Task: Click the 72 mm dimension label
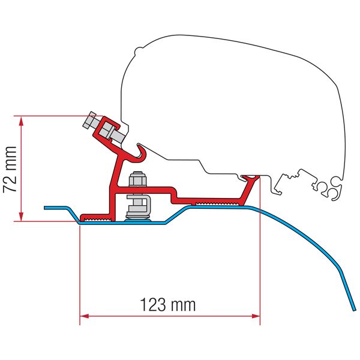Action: (x=10, y=169)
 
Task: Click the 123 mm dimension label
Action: (x=168, y=305)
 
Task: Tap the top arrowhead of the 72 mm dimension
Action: (x=21, y=121)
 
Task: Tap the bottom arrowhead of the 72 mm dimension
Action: (x=21, y=216)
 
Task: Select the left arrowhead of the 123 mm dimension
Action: (x=84, y=316)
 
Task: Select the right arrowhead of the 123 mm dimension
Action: (x=256, y=316)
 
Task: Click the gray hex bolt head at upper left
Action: (x=89, y=120)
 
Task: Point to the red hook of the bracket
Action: (x=140, y=152)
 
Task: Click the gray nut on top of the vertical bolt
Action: (x=137, y=179)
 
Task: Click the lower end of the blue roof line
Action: (x=353, y=310)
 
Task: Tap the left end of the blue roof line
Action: (x=45, y=208)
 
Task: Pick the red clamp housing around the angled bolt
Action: (x=107, y=130)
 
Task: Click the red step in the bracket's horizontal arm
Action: (x=173, y=195)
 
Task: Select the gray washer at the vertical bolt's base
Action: (x=137, y=218)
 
